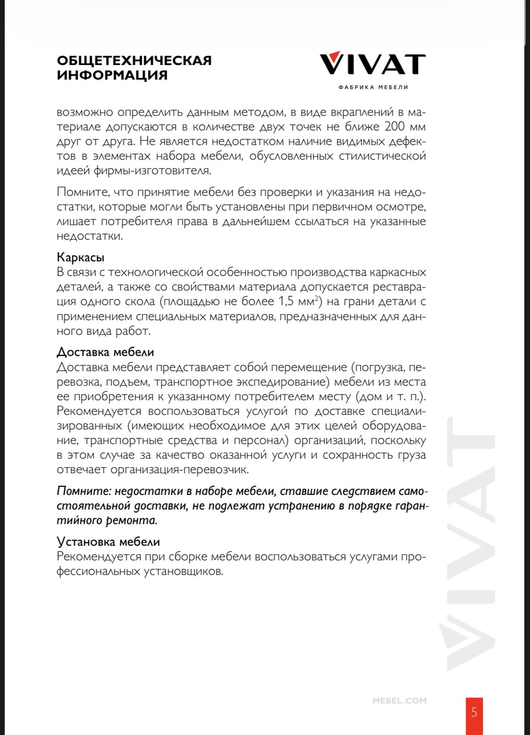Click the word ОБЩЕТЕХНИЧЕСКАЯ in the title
coord(134,61)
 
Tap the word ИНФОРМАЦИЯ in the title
coord(112,75)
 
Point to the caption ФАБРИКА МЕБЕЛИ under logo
coord(373,87)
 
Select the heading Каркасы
coord(81,258)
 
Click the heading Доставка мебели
coord(105,352)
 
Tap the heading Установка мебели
coord(108,542)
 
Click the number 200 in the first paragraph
coord(395,127)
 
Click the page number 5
coord(474,712)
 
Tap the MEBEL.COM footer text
coord(400,701)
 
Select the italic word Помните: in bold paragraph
coord(83,491)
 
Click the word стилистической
coord(382,156)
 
